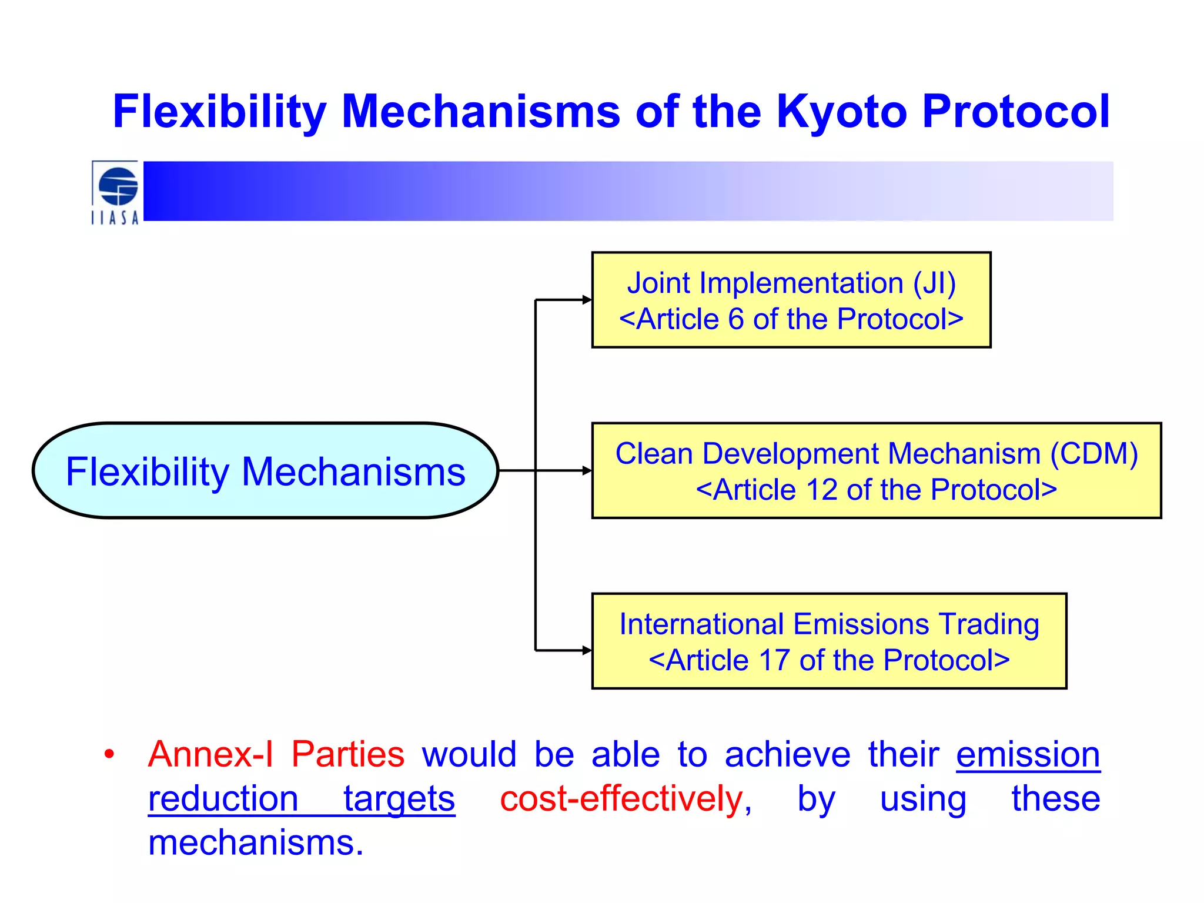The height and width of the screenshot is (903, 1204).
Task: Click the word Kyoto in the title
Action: click(842, 112)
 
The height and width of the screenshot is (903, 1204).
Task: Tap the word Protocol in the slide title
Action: click(1016, 112)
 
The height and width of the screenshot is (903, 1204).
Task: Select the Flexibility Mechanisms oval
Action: click(265, 471)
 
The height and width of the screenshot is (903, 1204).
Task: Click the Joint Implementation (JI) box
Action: click(791, 300)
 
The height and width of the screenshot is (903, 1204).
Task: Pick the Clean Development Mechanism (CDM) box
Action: click(876, 470)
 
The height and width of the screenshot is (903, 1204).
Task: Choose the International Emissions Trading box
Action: click(829, 641)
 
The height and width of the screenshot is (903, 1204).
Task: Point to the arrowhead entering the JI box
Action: click(587, 300)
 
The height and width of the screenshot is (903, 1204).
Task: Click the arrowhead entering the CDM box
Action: click(587, 470)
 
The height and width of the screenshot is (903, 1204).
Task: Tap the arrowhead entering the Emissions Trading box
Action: click(587, 650)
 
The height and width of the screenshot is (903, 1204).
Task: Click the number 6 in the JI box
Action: click(736, 319)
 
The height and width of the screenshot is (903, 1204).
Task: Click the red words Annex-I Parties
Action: click(276, 754)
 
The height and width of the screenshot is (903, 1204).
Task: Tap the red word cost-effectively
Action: click(622, 799)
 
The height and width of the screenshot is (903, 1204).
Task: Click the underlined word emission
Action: click(1028, 754)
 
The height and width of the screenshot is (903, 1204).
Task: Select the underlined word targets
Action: click(399, 799)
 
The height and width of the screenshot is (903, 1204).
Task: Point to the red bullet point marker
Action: click(109, 754)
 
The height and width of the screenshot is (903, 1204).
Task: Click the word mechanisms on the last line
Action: click(256, 843)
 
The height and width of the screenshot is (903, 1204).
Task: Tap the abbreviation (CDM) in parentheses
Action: click(1094, 454)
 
